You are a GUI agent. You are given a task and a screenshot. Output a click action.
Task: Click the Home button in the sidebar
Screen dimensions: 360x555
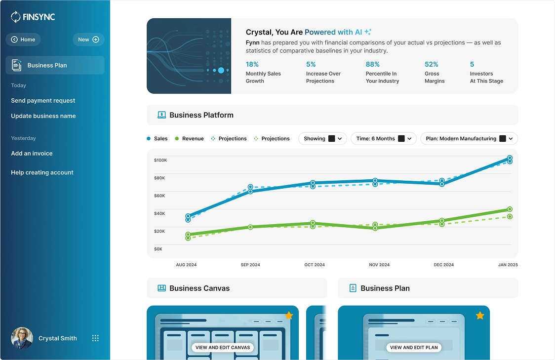point(23,40)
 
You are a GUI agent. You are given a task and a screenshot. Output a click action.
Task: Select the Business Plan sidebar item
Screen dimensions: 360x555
point(55,65)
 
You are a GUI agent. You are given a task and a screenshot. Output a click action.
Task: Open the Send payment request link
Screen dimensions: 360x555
point(43,101)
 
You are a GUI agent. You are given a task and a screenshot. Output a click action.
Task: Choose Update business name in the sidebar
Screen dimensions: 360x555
point(43,116)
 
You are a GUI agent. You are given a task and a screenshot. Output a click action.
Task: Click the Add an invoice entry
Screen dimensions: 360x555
point(32,154)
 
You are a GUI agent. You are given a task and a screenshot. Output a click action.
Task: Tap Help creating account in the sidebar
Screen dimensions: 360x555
point(42,173)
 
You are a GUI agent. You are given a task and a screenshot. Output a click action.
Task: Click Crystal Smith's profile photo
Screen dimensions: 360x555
point(22,338)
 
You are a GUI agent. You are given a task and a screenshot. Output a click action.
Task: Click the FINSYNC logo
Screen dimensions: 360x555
point(33,17)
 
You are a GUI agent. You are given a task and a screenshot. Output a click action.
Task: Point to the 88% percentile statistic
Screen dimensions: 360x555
point(373,64)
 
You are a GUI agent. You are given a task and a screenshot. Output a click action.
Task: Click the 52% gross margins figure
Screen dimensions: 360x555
point(432,64)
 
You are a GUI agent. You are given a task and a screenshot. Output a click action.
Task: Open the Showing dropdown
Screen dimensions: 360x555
point(323,139)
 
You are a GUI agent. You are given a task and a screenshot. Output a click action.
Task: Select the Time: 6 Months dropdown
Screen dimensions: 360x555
point(384,139)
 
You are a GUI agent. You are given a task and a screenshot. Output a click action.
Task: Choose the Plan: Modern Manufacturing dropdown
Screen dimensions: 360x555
point(469,139)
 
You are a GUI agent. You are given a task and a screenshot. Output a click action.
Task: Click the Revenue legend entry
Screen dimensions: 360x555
point(189,139)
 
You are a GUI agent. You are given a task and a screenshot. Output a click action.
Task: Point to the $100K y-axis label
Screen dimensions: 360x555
point(160,160)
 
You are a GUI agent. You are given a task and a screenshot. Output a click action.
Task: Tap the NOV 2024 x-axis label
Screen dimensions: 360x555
point(379,265)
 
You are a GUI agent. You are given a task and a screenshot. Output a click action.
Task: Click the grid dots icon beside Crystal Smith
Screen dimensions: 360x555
point(96,338)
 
